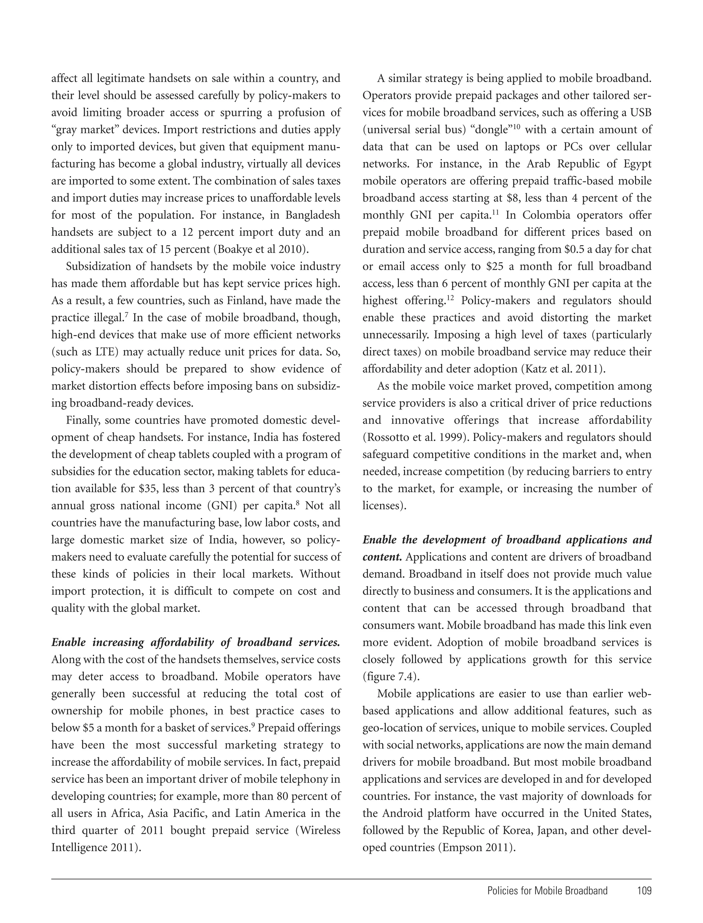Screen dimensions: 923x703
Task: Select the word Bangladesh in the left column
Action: (313, 215)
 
